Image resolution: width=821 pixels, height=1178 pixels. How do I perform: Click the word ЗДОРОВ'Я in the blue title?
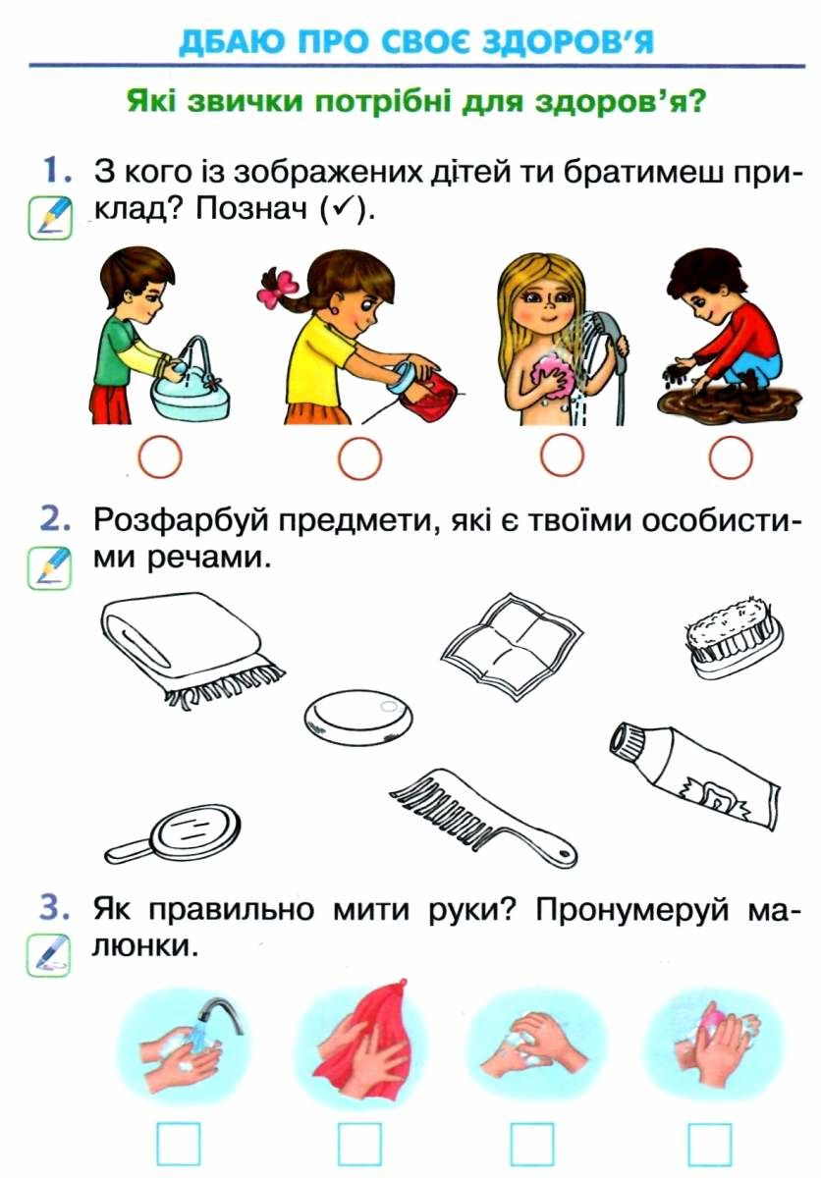(x=568, y=42)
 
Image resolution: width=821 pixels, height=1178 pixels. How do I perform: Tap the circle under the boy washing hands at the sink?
(x=160, y=456)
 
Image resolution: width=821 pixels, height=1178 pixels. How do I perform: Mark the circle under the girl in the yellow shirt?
(x=359, y=456)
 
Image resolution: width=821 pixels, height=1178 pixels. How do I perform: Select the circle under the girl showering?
(x=563, y=456)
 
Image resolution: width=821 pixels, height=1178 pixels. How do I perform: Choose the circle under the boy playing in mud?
(x=731, y=458)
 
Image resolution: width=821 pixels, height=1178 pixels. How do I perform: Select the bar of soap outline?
(x=358, y=718)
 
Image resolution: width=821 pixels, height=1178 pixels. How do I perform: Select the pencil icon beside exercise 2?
(x=49, y=567)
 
